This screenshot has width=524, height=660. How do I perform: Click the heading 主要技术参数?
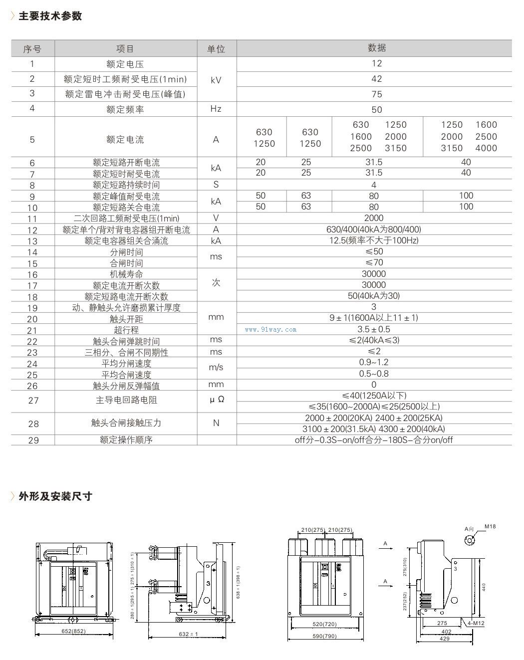[x=50, y=16]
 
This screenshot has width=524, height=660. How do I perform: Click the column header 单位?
[x=216, y=49]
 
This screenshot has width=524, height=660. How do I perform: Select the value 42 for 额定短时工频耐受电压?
[x=376, y=79]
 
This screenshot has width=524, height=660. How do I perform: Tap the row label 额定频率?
[x=125, y=109]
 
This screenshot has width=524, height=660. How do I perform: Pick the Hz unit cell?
[x=216, y=109]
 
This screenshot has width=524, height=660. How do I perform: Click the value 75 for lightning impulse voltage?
[x=376, y=94]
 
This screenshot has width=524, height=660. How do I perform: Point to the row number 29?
[x=33, y=440]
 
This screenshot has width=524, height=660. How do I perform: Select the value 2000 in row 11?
[x=374, y=218]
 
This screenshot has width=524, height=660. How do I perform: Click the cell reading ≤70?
[x=374, y=262]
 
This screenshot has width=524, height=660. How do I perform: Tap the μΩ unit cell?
[x=216, y=401]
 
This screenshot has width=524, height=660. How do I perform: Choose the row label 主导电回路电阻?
[x=125, y=400]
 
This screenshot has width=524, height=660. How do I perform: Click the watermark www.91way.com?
[x=271, y=330]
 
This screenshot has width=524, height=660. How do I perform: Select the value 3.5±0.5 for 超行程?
[x=374, y=329]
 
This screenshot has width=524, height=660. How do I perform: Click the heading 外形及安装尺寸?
[x=55, y=496]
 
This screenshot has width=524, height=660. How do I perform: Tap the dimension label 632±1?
[x=188, y=634]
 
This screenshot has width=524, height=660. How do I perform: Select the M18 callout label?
[x=490, y=527]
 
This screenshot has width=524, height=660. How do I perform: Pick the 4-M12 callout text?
[x=476, y=624]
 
